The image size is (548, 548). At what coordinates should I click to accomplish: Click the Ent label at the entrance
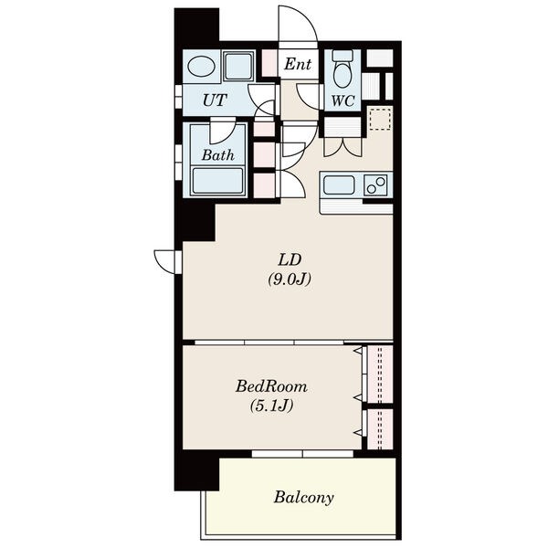298,64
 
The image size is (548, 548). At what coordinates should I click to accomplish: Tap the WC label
342,101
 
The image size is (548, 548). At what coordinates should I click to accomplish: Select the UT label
215,100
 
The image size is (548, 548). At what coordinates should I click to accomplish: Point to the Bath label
217,155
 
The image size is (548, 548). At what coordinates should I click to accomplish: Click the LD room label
290,259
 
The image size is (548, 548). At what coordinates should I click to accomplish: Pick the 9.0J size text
290,279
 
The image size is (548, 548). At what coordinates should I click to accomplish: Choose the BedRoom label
271,386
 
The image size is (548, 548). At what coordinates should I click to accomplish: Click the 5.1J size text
271,406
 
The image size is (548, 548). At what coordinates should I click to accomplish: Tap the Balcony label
303,498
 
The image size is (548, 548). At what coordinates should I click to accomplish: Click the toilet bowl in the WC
342,70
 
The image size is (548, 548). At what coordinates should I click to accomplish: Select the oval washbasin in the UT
201,66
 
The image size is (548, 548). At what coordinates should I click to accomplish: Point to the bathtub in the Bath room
217,181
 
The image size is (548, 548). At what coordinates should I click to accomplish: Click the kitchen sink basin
339,184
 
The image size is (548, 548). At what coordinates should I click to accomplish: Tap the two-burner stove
375,184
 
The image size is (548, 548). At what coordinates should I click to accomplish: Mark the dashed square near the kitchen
380,119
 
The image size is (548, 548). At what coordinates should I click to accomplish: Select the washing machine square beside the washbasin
238,66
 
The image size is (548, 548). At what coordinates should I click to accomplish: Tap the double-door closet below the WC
342,137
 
